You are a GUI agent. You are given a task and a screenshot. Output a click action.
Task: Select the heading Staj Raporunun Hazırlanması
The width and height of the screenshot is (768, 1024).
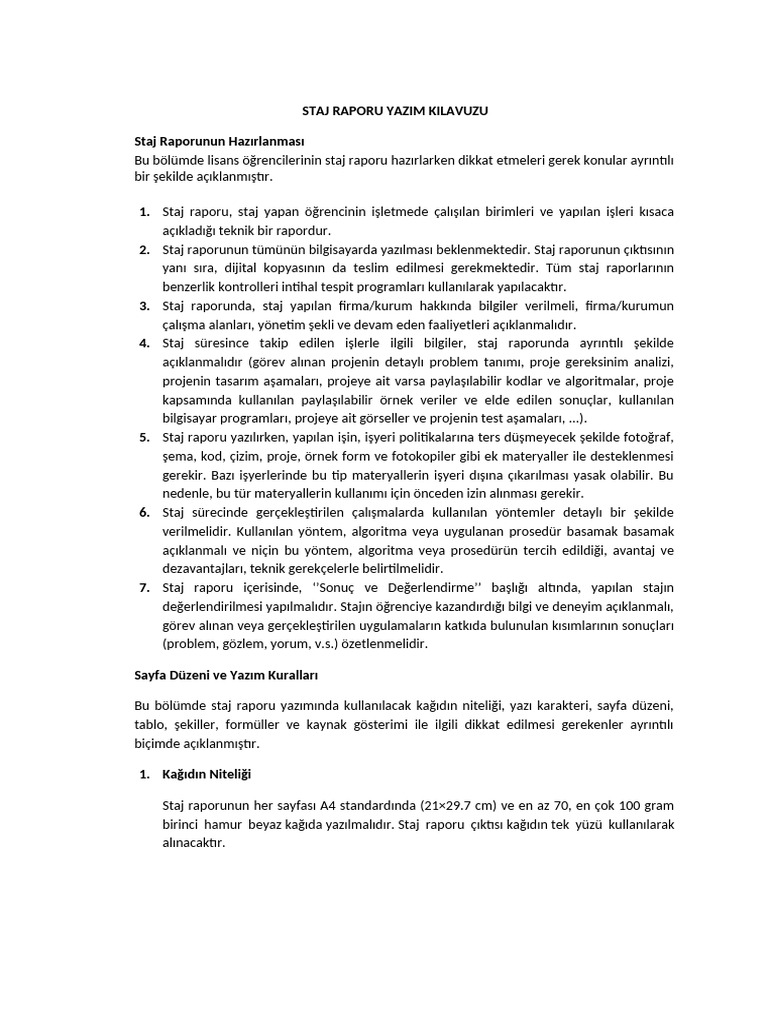pyautogui.click(x=219, y=140)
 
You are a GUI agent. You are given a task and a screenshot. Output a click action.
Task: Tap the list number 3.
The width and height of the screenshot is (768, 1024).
pyautogui.click(x=144, y=306)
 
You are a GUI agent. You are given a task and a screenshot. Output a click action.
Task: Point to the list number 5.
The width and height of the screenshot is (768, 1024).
pyautogui.click(x=144, y=437)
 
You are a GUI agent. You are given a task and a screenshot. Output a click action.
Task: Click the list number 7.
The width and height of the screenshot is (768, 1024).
pyautogui.click(x=144, y=587)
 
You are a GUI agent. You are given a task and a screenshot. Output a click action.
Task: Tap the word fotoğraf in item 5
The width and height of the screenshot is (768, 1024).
pyautogui.click(x=649, y=437)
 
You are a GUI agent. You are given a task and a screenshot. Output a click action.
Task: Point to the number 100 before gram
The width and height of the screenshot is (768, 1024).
pyautogui.click(x=627, y=806)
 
